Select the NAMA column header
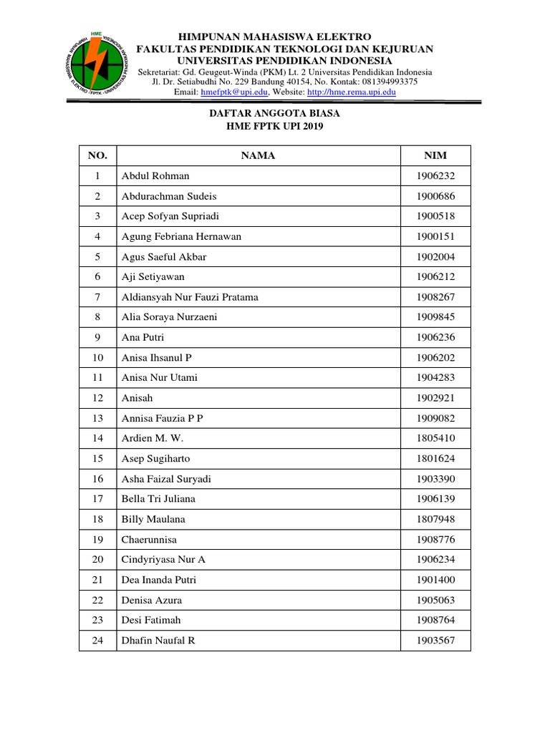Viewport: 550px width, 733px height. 258,155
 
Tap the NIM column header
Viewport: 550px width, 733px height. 435,155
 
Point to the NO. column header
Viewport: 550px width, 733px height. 97,155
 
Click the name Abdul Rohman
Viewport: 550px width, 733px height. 155,175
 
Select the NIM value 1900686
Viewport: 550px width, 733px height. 435,196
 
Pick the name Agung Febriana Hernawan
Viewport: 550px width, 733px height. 181,236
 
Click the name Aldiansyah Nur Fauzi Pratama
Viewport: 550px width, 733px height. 190,297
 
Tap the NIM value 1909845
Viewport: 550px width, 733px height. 435,317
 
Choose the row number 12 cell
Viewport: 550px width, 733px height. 97,398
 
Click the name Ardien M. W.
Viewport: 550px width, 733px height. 151,438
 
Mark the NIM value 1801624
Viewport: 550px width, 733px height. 435,458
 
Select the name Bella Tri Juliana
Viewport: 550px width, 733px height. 158,499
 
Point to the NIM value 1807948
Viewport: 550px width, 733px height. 435,519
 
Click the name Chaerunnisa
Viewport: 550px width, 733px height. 149,539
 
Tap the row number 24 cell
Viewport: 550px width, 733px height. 97,641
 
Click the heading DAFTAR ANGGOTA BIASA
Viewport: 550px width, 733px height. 274,114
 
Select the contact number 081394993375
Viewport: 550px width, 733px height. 387,82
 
